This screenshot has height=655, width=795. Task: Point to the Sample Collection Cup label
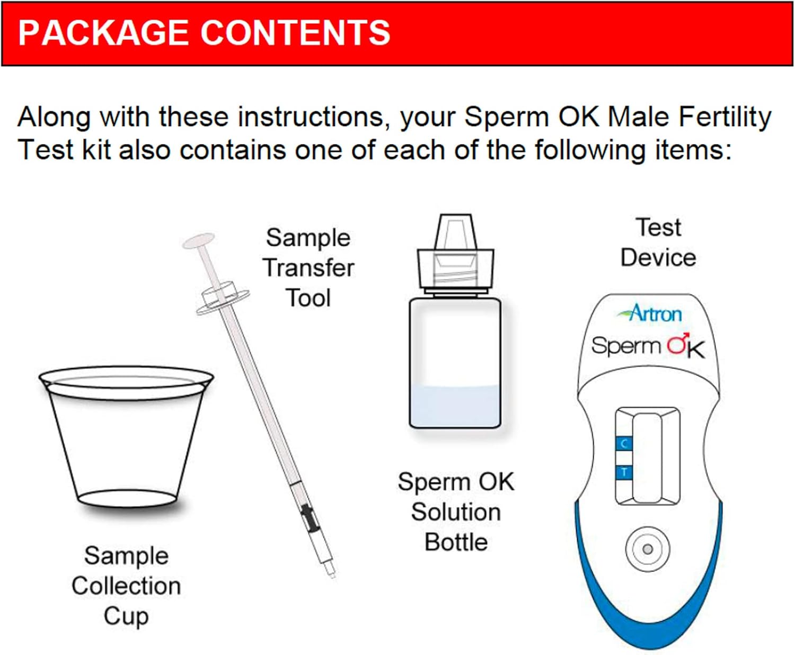[126, 586]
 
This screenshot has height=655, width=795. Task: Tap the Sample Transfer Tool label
[308, 268]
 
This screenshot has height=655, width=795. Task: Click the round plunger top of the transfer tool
[199, 241]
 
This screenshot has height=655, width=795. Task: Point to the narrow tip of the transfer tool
[331, 571]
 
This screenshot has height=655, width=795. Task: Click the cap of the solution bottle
[456, 254]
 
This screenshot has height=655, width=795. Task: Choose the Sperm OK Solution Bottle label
[456, 512]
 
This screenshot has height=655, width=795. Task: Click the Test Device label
[658, 243]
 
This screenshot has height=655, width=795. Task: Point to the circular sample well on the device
[647, 549]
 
